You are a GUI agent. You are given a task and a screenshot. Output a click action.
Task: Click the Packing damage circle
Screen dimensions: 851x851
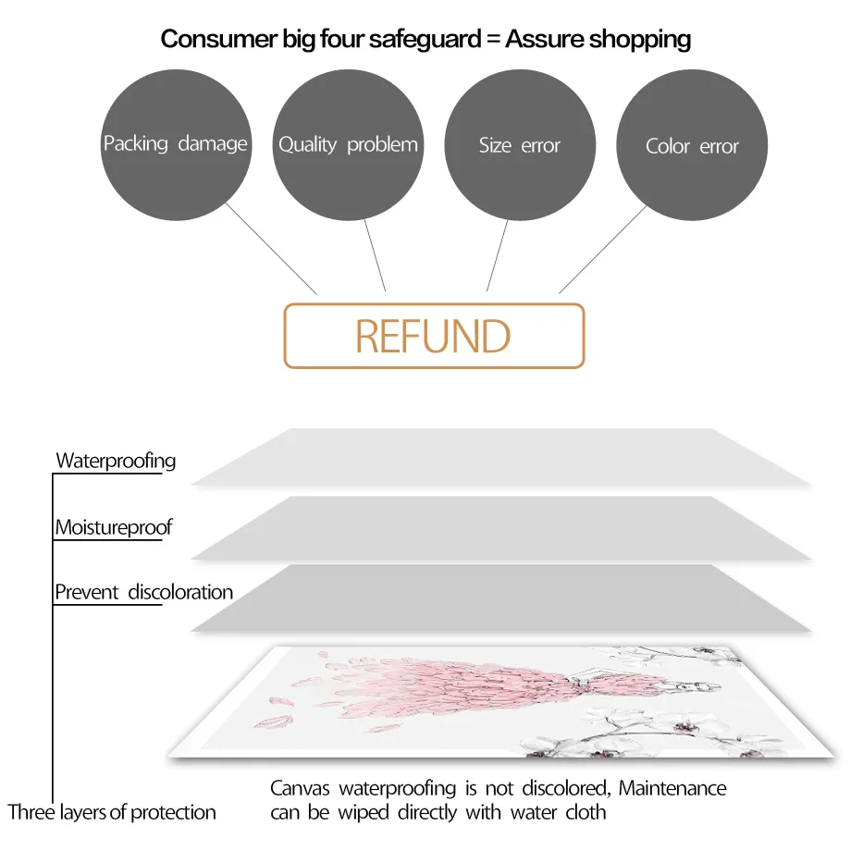(175, 144)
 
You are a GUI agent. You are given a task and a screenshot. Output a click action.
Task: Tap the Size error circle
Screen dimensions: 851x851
(520, 145)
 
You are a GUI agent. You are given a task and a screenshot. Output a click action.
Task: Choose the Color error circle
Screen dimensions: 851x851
(692, 146)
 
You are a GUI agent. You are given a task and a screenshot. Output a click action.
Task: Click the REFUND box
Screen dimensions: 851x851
(434, 336)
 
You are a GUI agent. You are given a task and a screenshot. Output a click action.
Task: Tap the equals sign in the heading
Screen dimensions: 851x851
(491, 39)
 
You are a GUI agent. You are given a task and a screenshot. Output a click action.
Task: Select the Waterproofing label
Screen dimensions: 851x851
(116, 461)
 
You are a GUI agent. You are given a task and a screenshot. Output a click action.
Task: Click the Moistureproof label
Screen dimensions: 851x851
(114, 528)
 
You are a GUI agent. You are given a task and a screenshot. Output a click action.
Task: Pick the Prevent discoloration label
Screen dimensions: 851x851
(143, 592)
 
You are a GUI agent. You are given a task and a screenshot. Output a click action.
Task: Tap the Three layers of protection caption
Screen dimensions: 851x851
(112, 813)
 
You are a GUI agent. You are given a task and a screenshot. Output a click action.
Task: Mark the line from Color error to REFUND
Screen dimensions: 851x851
(603, 248)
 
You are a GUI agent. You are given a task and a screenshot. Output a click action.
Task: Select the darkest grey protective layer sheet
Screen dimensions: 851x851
(499, 598)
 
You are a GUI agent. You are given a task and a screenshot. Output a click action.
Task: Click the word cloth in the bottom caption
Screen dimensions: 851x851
(586, 813)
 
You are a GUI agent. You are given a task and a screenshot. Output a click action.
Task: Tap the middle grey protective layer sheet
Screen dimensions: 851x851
(499, 527)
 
